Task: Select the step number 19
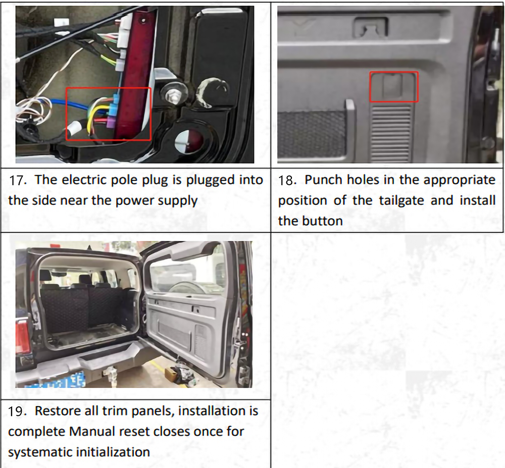tap(17, 411)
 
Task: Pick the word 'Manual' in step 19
tap(87, 432)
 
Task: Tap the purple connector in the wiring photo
tap(111, 122)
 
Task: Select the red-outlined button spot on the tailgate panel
tap(393, 87)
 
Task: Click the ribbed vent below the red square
tap(391, 134)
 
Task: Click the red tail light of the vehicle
tap(23, 335)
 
